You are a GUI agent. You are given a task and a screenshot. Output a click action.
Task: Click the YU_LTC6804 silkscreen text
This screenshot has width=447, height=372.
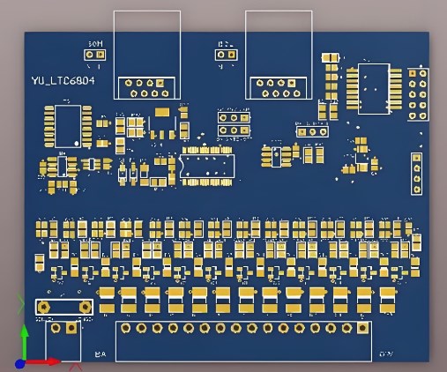coord(63,80)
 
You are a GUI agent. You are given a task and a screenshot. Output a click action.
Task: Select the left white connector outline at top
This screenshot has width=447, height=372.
coord(147,53)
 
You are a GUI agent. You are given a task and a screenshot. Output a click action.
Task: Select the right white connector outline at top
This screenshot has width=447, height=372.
coord(279,53)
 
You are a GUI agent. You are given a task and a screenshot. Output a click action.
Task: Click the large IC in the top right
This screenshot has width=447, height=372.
coord(373,88)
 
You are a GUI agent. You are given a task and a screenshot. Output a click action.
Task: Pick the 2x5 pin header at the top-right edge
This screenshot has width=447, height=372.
coord(418,93)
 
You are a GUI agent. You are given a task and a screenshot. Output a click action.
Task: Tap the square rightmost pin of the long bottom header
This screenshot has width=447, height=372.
coord(361,328)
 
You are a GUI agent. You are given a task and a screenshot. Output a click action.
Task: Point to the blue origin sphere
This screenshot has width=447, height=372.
coord(20,361)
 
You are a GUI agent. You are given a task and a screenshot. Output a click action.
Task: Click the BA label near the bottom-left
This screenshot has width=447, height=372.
coord(101,353)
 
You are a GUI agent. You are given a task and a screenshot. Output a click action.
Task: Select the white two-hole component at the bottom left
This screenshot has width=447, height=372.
coord(63,307)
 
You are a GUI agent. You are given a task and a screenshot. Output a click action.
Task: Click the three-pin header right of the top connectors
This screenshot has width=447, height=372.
coord(311,131)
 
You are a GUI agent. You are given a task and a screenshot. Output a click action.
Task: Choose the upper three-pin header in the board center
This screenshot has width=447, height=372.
coord(234,115)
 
